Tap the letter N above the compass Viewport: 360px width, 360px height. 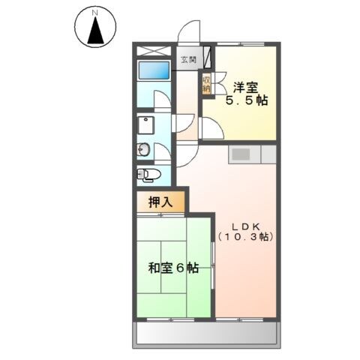(95, 13)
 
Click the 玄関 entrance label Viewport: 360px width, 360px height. (187, 60)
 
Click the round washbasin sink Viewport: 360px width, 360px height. (144, 150)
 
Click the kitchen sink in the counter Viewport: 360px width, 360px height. (241, 154)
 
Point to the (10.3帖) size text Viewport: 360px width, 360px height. (245, 237)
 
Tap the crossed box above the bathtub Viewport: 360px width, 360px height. (155, 50)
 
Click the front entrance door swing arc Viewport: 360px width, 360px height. (188, 34)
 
